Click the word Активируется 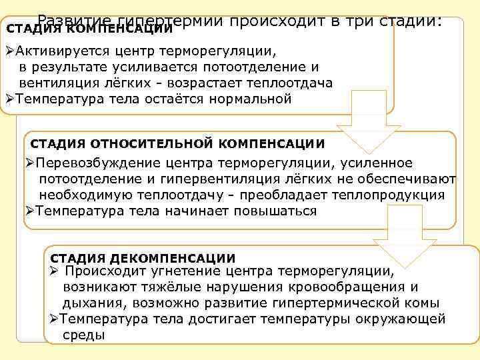tap(58, 51)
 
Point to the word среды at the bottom tap(83, 335)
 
